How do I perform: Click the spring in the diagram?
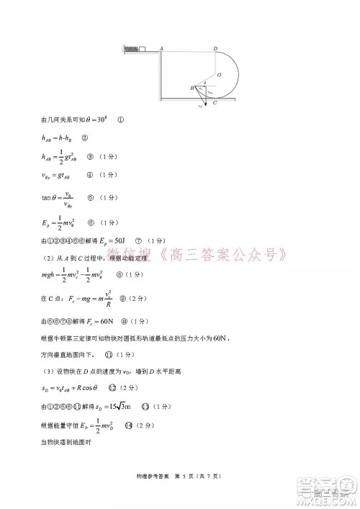pyautogui.click(x=130, y=50)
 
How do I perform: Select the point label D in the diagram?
pyautogui.click(x=216, y=48)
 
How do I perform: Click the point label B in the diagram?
pyautogui.click(x=191, y=88)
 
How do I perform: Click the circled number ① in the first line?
pyautogui.click(x=120, y=120)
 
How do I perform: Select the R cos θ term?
pyautogui.click(x=91, y=389)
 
